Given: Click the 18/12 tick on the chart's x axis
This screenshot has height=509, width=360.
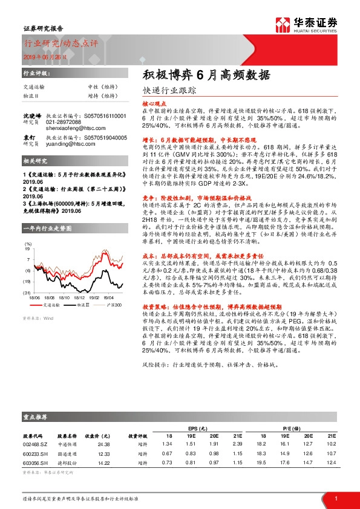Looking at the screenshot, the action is pos(79,297).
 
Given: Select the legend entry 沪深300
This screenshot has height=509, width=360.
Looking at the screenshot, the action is pos(114,305).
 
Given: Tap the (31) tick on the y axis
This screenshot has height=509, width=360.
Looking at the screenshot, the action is pos(27,293).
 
